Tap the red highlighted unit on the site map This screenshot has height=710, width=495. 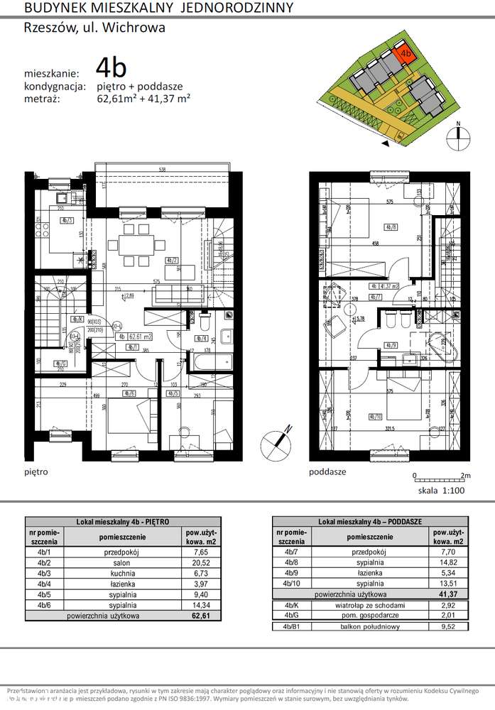pos(406,53)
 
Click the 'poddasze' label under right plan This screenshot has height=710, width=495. pos(327,471)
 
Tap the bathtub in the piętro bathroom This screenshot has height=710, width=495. pos(207,362)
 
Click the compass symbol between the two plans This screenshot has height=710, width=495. pos(276,442)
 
